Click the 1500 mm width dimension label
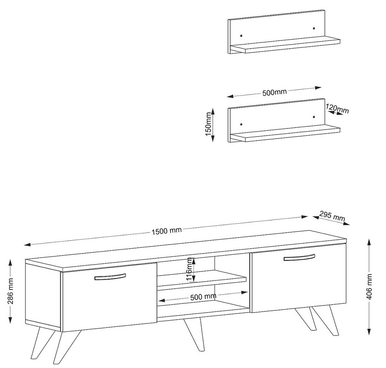click(x=167, y=231)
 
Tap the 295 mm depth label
click(x=332, y=216)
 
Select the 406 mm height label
click(x=369, y=287)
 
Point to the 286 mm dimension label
click(x=11, y=291)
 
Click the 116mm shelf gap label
click(x=189, y=269)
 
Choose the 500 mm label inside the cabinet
click(x=203, y=297)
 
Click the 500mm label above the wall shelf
click(x=274, y=92)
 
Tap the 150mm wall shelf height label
click(x=208, y=124)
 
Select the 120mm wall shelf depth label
click(x=337, y=108)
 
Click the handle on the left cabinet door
click(x=110, y=277)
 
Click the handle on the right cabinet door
click(x=299, y=257)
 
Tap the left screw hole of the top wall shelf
click(x=241, y=36)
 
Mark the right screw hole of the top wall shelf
click(x=314, y=29)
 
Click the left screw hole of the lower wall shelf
click(x=241, y=124)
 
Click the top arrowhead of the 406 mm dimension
click(x=369, y=242)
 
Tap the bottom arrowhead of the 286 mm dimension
click(x=10, y=320)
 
